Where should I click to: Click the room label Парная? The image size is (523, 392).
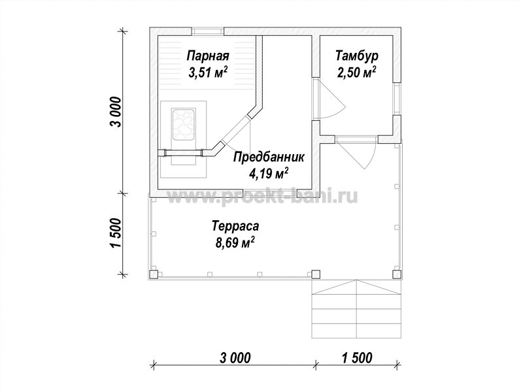pos(208,56)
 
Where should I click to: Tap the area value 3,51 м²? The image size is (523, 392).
pos(208,73)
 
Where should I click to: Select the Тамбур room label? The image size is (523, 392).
pos(357,56)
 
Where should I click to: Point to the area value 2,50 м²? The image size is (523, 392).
pos(357,73)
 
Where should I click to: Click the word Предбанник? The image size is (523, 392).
pos(269,157)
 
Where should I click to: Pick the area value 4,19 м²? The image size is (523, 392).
pos(269,173)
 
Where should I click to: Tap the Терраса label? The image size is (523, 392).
pos(235,226)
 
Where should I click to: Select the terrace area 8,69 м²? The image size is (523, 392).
pos(235,242)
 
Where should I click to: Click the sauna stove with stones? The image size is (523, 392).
pos(183,123)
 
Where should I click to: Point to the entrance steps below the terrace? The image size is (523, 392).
pos(356,309)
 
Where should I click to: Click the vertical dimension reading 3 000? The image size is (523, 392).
pos(116,112)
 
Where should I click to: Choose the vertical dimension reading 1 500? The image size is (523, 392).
pos(116,233)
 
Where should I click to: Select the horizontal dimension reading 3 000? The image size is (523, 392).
pos(235,358)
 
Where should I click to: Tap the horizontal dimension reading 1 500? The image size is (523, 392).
pos(356,358)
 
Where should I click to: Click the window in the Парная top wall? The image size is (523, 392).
pos(207,31)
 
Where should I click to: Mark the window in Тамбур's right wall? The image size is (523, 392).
pos(397,99)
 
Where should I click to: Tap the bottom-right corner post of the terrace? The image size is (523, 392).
pos(397,274)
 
